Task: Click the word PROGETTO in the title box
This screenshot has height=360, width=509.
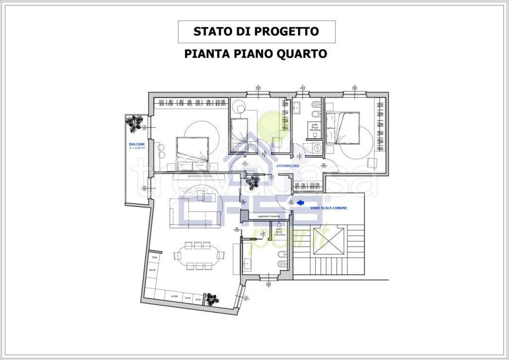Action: (287, 32)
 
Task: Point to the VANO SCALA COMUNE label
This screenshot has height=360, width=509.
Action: (328, 208)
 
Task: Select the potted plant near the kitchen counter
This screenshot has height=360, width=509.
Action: (213, 298)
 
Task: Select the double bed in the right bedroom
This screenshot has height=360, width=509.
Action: (343, 128)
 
